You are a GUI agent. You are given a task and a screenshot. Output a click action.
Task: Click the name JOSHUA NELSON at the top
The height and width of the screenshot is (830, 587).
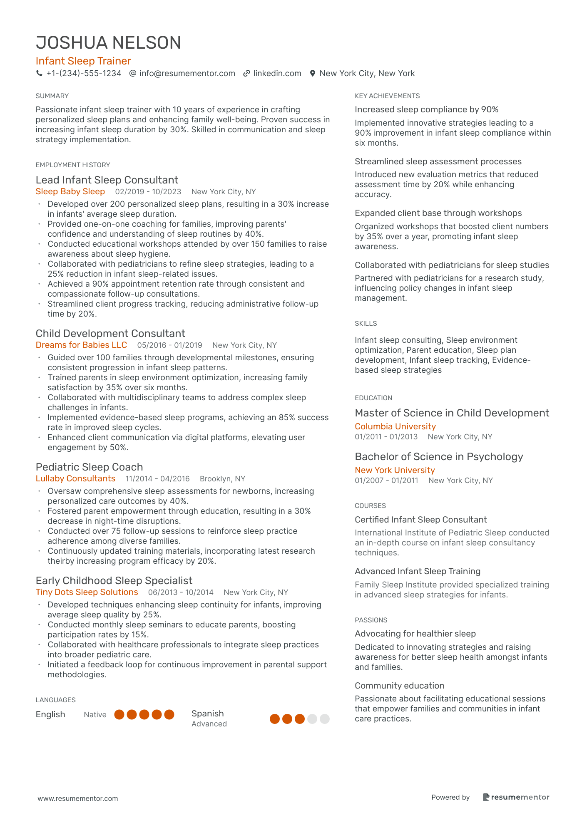point(108,43)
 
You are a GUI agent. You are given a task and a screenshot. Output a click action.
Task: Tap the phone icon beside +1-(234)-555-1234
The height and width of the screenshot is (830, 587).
point(39,74)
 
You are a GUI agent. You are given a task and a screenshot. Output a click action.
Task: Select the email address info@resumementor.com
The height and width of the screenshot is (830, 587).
point(187,74)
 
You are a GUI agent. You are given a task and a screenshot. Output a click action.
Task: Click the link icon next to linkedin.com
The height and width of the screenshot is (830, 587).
point(246,74)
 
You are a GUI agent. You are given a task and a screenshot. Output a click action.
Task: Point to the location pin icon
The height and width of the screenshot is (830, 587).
point(313,74)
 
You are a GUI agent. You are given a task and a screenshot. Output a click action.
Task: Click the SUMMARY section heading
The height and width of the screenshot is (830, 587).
point(52,96)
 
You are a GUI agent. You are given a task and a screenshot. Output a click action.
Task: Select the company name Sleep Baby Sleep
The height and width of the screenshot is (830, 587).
point(70,192)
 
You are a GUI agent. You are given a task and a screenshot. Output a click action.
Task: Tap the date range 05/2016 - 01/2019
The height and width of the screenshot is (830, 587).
point(169,345)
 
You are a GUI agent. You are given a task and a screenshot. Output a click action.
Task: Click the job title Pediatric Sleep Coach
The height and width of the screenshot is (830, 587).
point(89,467)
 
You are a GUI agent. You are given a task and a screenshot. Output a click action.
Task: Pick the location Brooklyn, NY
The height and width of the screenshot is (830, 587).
point(222,479)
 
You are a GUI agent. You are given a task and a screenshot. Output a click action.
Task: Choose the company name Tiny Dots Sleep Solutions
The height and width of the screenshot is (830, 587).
point(87,592)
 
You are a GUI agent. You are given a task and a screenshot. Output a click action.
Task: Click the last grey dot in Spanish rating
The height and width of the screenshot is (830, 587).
point(325,719)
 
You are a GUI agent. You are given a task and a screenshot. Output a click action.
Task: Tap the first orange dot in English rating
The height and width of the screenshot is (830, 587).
point(119,715)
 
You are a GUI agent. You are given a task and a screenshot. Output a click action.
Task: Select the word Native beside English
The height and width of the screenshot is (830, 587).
point(95,715)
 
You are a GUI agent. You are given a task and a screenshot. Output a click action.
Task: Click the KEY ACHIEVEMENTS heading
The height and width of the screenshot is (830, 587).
point(387,96)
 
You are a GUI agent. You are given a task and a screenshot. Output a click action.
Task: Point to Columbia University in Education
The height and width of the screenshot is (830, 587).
point(395,426)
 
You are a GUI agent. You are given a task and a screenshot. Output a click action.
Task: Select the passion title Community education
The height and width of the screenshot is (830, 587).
point(399,686)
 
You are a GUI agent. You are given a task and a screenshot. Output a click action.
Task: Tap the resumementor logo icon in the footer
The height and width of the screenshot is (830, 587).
point(486,798)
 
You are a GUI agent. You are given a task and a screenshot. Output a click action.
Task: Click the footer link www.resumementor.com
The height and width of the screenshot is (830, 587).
point(78,799)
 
